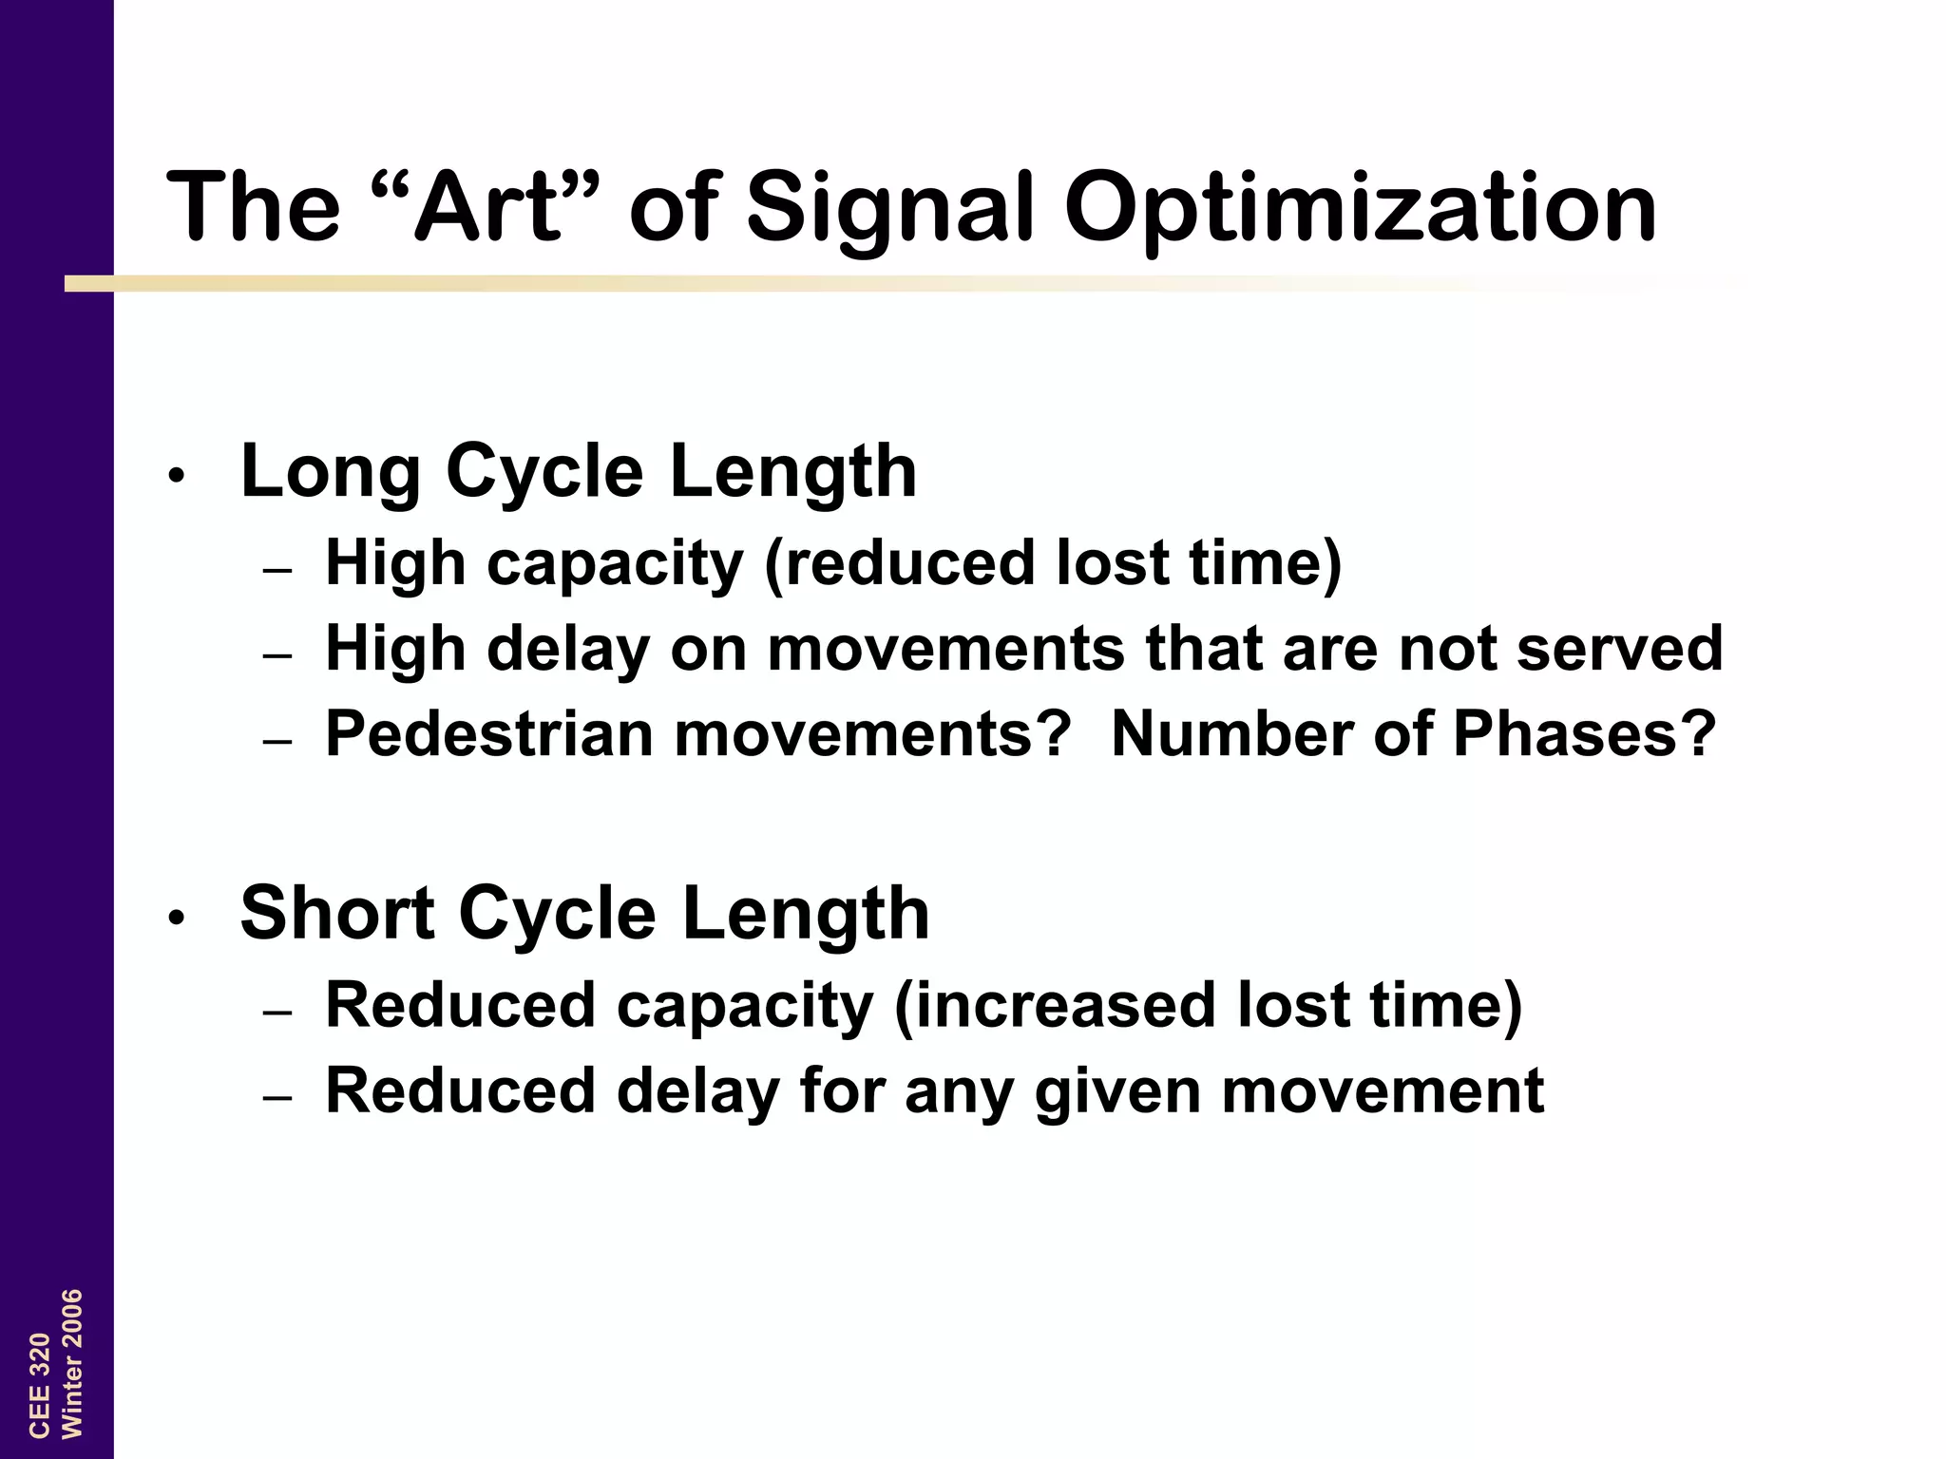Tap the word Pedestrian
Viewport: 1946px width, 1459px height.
pyautogui.click(x=488, y=734)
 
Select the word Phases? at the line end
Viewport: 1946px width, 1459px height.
pyautogui.click(x=1585, y=734)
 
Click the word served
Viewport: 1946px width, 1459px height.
pyautogui.click(x=1619, y=649)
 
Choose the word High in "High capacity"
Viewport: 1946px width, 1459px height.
pyautogui.click(x=395, y=563)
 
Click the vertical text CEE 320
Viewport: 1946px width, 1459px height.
pyautogui.click(x=39, y=1384)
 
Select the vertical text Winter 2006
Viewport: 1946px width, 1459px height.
pyautogui.click(x=72, y=1363)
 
